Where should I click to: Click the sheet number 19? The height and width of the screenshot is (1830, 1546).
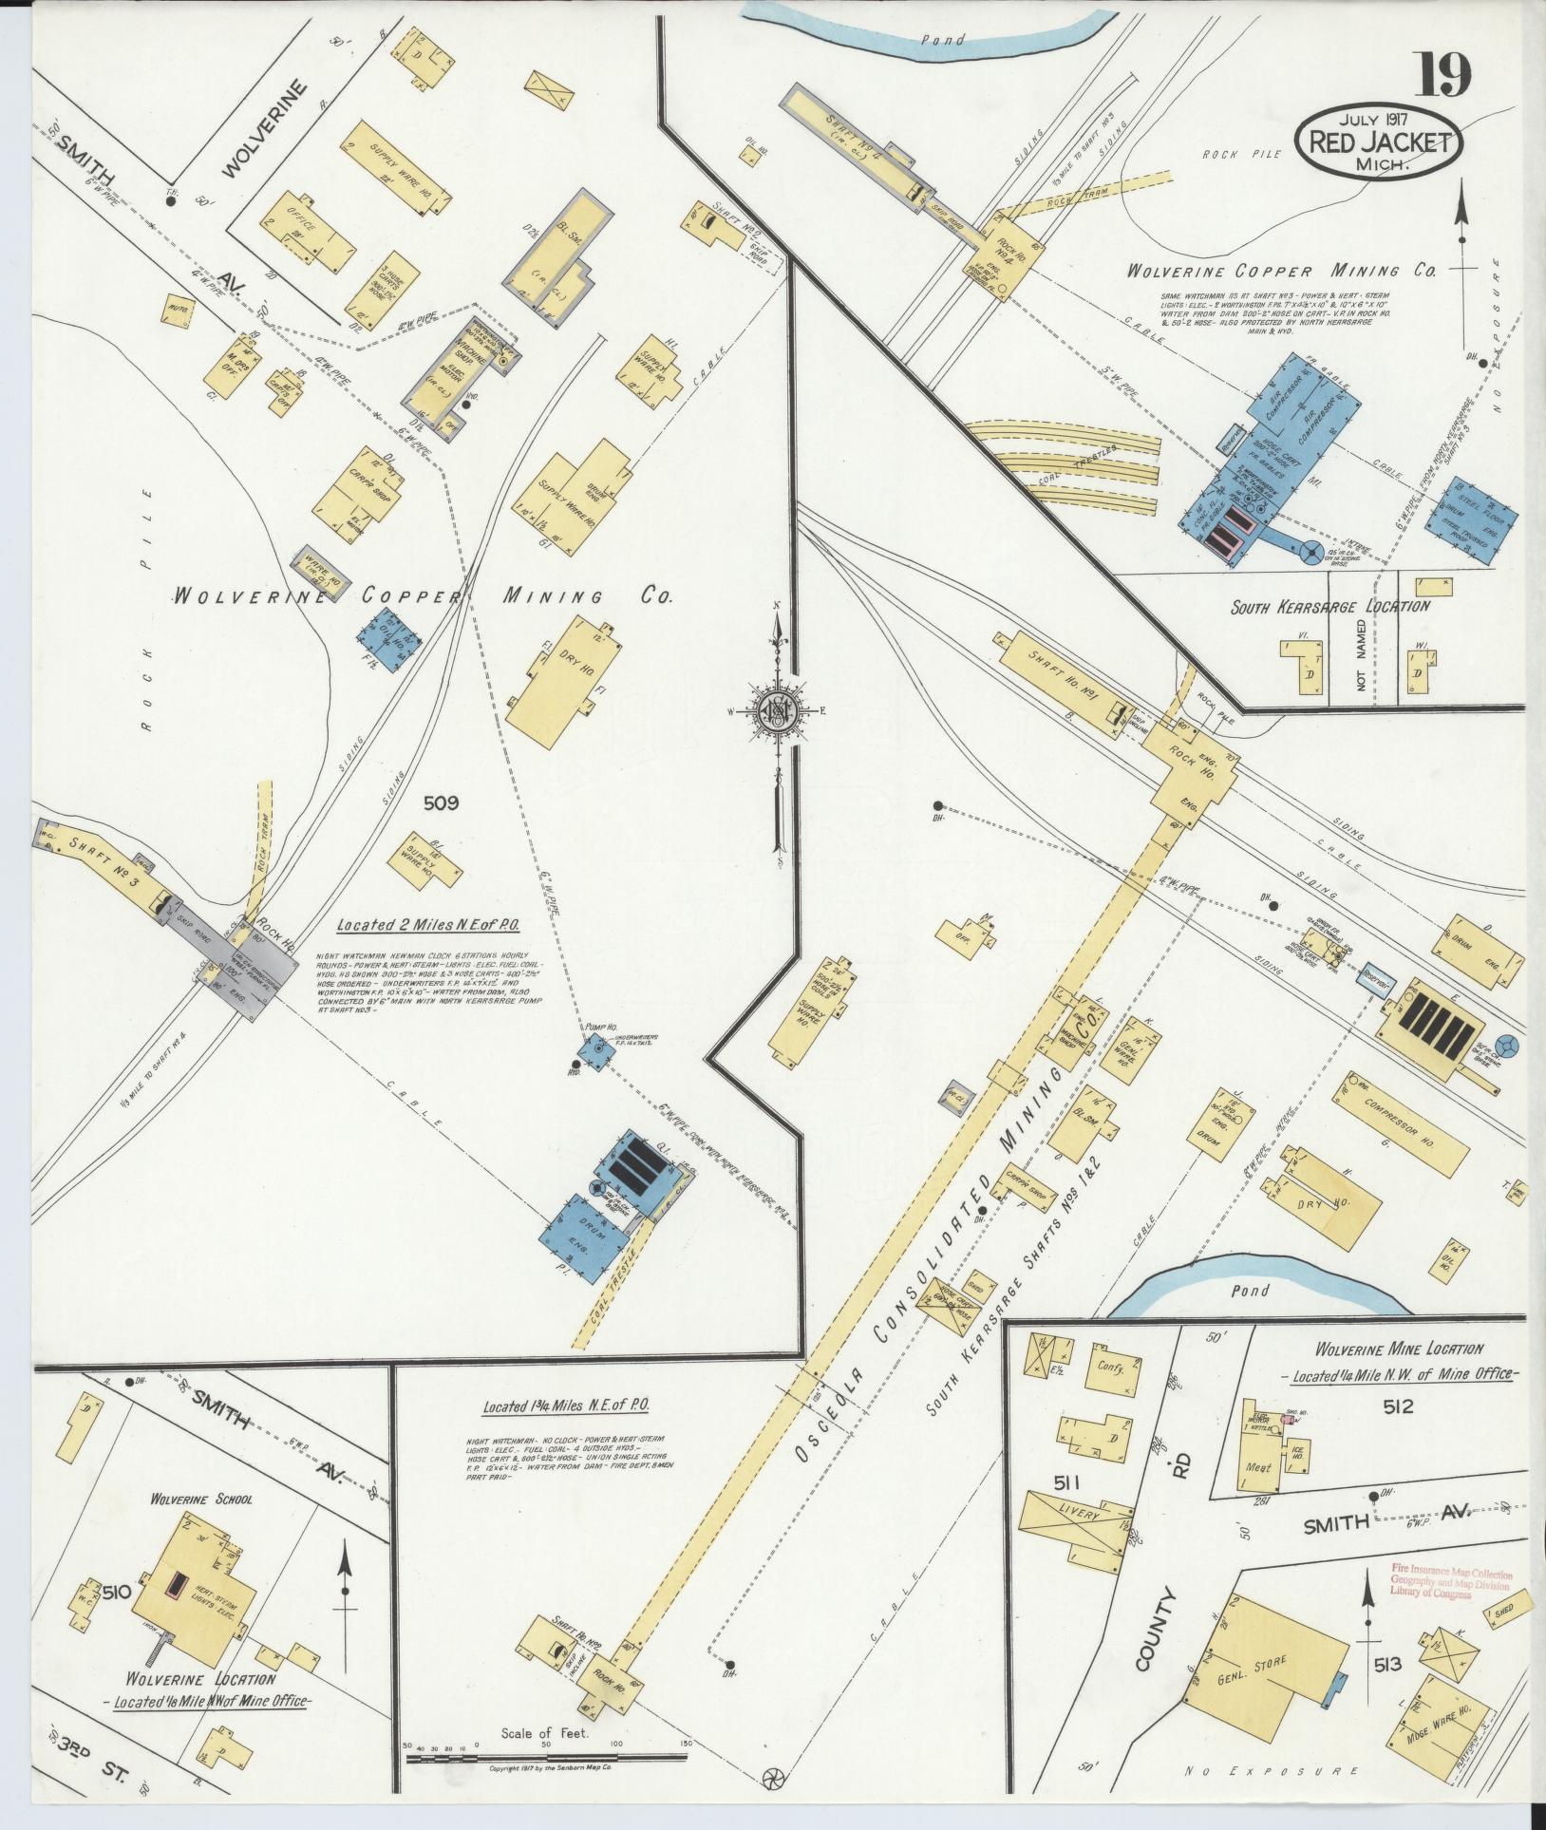tap(1444, 75)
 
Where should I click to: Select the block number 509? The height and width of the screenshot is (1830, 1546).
tap(441, 803)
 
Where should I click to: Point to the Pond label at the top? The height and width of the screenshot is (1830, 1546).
tap(945, 40)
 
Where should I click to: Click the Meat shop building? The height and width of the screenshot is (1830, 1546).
tap(1257, 1467)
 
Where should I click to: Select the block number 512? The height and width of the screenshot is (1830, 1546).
tap(1398, 1406)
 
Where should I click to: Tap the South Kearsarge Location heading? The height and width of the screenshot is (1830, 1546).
tap(1329, 607)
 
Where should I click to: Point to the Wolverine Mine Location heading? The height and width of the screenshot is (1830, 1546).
tap(1398, 1349)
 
